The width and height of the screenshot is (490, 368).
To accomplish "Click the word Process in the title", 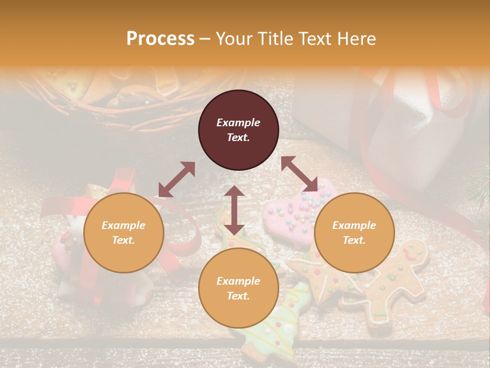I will coord(160,39).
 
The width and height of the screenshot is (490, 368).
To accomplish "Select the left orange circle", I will coord(124,233).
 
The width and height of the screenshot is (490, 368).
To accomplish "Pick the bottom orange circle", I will coord(238,288).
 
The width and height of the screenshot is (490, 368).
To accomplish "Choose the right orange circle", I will coord(354,233).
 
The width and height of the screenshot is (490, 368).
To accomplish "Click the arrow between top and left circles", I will coord(177,179).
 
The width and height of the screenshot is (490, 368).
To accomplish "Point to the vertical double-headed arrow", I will coord(234,210).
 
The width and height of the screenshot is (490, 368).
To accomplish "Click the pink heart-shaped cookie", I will coord(291,215).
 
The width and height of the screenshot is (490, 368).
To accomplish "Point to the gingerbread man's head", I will coord(411,250).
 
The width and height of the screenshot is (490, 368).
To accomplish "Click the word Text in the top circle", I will coord(238,137).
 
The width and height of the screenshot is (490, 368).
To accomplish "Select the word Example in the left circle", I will coord(124,225).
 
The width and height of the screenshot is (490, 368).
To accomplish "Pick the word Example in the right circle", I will coord(354,225).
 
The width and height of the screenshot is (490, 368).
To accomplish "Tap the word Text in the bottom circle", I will coord(238,296).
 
